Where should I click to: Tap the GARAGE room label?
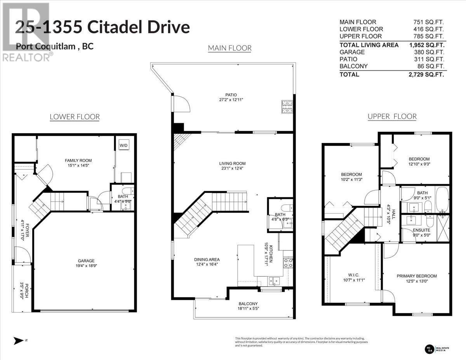click(x=85, y=261)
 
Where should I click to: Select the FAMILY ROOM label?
click(x=78, y=160)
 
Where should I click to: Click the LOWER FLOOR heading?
click(x=75, y=117)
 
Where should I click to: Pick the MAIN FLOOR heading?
click(x=230, y=48)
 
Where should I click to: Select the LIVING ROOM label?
click(x=232, y=163)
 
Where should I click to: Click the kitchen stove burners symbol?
click(x=288, y=263)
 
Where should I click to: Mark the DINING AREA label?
click(x=207, y=259)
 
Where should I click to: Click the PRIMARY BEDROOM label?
click(x=417, y=276)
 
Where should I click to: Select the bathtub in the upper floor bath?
click(x=442, y=200)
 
